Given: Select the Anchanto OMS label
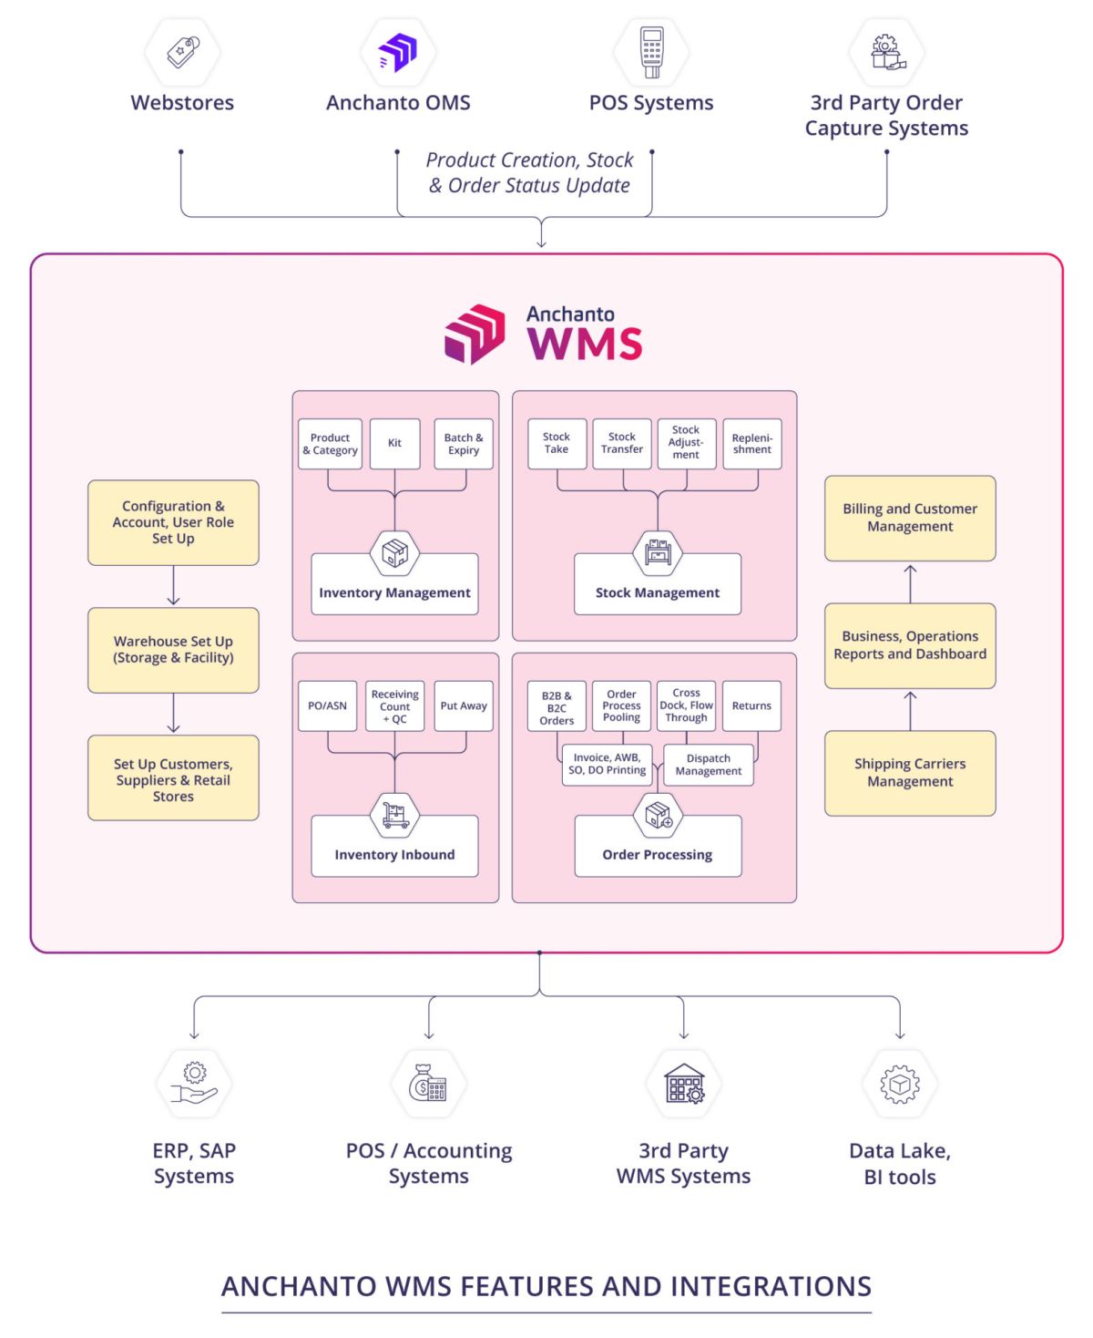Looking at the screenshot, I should coord(398,102).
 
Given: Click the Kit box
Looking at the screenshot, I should coord(394,444).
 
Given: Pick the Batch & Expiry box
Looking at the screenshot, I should coord(464,444).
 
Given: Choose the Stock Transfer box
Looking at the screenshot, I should coord(622,443).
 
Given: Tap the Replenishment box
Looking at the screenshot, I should coord(752,443).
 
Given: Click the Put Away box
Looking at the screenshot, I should coord(464,705).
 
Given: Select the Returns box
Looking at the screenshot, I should coord(751,705).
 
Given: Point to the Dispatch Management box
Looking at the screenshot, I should coord(709,765).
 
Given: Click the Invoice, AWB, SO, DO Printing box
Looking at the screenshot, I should coord(607,764).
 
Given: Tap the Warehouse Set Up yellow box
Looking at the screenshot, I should coord(173,650).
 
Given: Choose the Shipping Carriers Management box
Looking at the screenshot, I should coord(910,773).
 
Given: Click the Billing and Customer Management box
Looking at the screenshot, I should coord(910,518).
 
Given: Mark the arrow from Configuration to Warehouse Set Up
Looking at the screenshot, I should coord(173,586).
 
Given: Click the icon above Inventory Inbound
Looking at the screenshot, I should coord(394,813).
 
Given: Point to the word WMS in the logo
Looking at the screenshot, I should coord(585,345).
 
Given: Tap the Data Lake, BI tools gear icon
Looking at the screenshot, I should coord(900,1084).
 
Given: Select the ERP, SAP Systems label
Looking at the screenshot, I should coord(194,1163).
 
